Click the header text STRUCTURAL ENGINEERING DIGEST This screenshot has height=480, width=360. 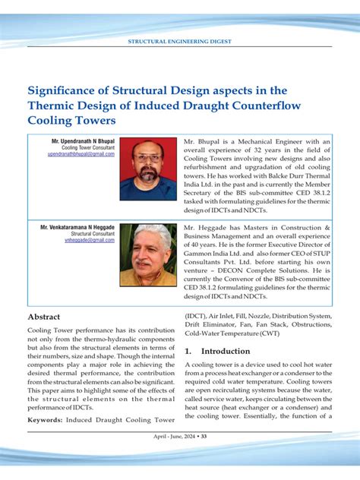coord(180,41)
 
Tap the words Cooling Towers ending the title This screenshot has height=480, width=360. coord(71,120)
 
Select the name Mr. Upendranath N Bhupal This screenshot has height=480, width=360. coord(83,141)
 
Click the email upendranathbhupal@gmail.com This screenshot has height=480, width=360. coord(81,153)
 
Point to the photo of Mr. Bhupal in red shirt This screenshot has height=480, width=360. coord(148,169)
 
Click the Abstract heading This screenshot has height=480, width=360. coord(44,317)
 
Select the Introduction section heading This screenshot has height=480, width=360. coord(221,352)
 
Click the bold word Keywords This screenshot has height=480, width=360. coord(45,419)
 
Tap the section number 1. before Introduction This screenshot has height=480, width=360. coord(188,352)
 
